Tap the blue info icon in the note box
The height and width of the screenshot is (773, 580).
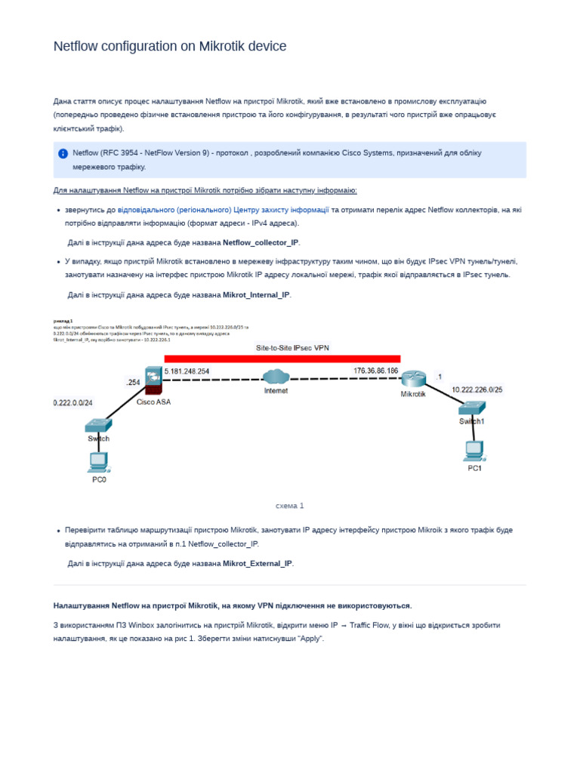(x=63, y=153)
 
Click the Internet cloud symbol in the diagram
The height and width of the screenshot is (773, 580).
(x=276, y=376)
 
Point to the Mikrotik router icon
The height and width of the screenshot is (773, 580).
(x=413, y=379)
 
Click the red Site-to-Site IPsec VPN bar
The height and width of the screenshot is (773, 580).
(x=282, y=359)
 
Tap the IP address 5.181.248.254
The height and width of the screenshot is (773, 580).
(x=187, y=371)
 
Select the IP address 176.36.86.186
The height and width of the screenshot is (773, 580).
(x=375, y=370)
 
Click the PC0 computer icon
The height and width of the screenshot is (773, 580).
(x=98, y=460)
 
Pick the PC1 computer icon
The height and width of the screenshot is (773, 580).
(x=474, y=451)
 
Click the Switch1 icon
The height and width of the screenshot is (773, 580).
(x=472, y=408)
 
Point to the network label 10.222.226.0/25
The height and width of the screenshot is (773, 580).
(x=477, y=390)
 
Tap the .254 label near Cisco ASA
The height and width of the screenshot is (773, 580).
(x=133, y=383)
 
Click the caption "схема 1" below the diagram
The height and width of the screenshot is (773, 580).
(x=290, y=506)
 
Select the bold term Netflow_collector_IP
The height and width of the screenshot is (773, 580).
(x=261, y=242)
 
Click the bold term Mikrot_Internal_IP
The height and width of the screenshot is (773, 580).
(x=256, y=294)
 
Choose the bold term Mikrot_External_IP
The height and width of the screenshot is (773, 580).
(x=257, y=563)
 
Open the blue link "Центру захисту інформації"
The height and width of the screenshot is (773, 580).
(x=281, y=209)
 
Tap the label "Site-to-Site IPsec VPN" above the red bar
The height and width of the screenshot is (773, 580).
(x=293, y=348)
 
